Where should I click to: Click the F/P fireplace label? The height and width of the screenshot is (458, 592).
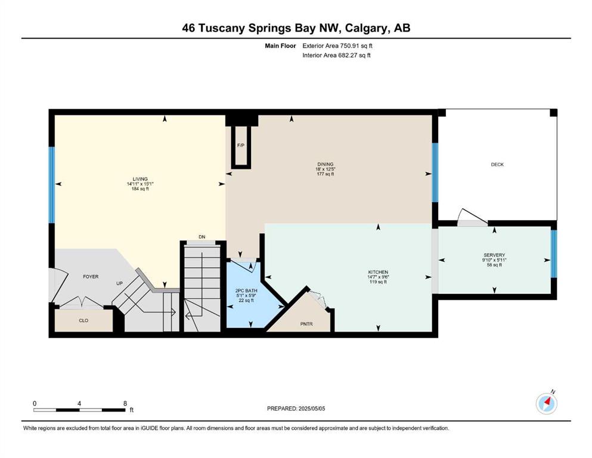click(240, 146)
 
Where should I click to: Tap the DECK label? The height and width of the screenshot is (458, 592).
click(497, 165)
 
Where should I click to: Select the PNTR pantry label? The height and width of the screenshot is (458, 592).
click(306, 324)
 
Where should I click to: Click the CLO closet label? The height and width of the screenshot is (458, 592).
click(83, 321)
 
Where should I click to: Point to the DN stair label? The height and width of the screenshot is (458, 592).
click(202, 237)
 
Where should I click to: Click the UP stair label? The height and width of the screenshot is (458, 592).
click(119, 283)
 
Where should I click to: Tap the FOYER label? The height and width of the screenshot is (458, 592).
click(91, 277)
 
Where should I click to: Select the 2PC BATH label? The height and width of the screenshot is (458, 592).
click(246, 291)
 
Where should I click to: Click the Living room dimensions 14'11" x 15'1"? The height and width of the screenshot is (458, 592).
click(140, 184)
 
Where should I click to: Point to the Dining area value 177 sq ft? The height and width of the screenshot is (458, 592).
click(326, 174)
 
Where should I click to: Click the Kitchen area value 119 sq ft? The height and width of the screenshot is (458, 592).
click(379, 281)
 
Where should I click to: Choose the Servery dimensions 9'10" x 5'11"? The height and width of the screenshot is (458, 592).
click(494, 260)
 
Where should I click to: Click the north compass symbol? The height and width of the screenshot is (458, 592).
click(547, 403)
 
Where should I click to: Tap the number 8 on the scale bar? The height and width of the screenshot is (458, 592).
click(125, 403)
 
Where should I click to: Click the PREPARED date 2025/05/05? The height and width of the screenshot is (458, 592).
click(311, 409)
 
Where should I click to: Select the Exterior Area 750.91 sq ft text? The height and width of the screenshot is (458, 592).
click(337, 46)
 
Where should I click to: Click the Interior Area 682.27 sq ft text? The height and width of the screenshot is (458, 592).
click(336, 55)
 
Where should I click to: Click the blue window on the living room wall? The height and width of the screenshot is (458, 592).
click(52, 185)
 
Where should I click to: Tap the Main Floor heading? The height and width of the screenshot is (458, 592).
click(280, 46)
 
